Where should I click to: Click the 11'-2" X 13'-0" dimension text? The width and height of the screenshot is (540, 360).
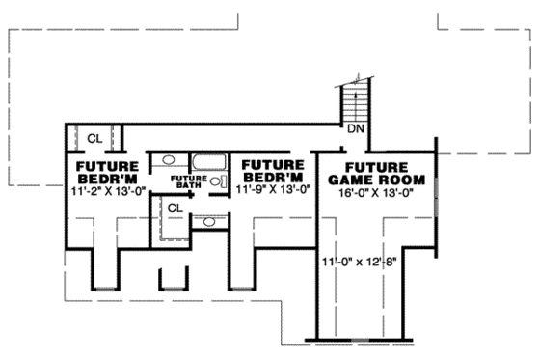pyautogui.click(x=107, y=191)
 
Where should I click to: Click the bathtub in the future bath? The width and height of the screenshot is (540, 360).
pyautogui.click(x=206, y=163)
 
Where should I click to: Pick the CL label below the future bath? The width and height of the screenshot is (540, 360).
pyautogui.click(x=175, y=208)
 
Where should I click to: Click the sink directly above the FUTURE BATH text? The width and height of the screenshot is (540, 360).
pyautogui.click(x=168, y=160)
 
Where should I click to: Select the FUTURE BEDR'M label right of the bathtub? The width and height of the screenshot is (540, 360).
pyautogui.click(x=274, y=171)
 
